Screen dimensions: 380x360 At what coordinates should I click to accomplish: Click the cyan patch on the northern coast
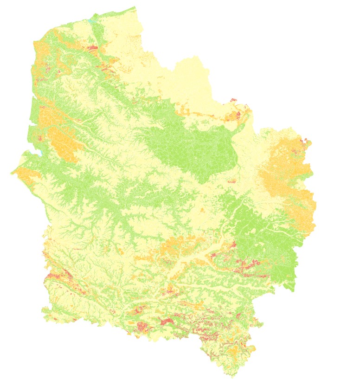tap(91, 21)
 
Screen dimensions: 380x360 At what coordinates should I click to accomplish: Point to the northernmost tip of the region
tap(135, 7)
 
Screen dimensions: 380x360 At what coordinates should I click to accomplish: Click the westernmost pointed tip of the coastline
tap(12, 173)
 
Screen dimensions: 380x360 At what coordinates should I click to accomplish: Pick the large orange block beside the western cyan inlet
tap(63, 142)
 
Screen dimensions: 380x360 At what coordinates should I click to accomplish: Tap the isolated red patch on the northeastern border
tap(233, 100)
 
